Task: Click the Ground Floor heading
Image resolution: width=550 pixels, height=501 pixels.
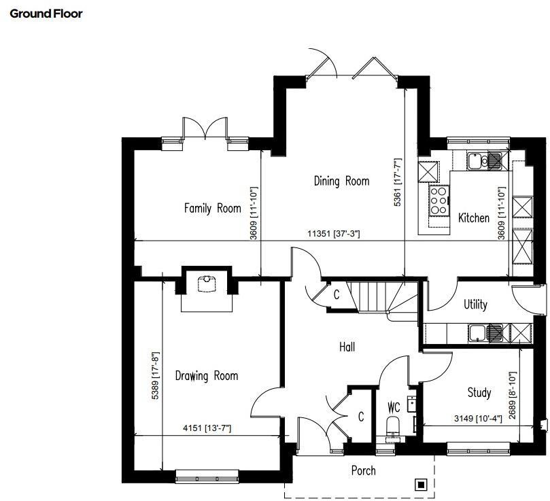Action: point(46,13)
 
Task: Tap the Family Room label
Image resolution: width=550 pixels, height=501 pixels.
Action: point(212,208)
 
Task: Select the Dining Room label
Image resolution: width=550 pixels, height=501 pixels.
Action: point(341,181)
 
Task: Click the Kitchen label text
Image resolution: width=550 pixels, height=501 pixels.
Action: point(473,218)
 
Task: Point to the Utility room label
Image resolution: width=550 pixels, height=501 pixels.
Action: point(475,304)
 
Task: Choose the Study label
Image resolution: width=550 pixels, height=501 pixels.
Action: point(479,392)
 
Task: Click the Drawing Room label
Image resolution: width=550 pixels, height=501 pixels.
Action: point(207,375)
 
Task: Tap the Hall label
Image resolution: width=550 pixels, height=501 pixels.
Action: point(347,347)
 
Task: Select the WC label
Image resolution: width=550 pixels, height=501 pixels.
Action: point(394,408)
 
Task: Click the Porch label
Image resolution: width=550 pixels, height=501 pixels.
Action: point(363,470)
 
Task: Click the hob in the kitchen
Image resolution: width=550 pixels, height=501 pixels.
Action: point(438,201)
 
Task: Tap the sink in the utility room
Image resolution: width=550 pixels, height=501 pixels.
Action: point(478,332)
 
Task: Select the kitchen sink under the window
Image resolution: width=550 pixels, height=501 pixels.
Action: point(476,161)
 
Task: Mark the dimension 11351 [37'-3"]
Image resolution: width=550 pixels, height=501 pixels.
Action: point(333,234)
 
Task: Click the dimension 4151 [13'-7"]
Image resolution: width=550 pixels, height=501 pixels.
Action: point(207,428)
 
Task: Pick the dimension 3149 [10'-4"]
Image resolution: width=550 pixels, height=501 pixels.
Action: point(478,418)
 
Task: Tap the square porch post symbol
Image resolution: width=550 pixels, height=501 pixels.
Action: point(421,484)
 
